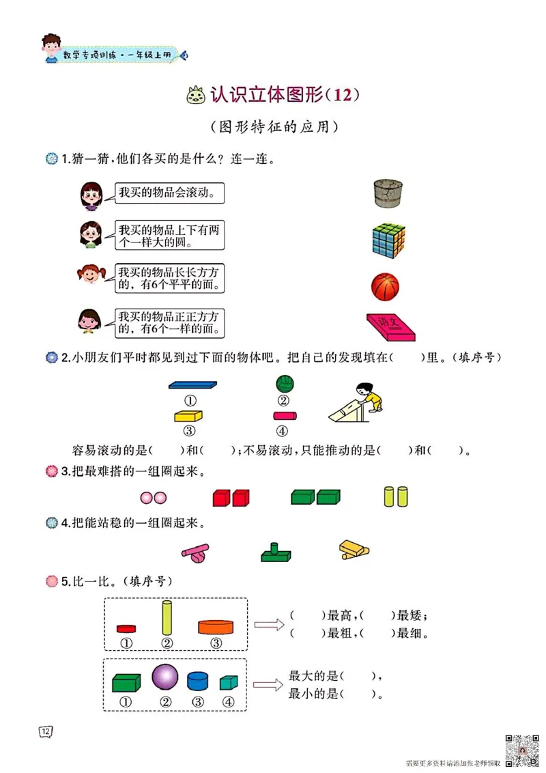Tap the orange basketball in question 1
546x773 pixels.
(x=385, y=285)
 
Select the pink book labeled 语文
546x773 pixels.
(x=391, y=327)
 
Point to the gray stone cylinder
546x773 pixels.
(x=389, y=194)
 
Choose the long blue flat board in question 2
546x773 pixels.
(x=192, y=384)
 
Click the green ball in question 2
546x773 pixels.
(x=283, y=384)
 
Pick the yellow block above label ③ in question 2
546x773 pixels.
(x=190, y=415)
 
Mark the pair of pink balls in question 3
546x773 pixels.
(x=152, y=498)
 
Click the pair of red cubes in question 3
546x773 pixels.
(x=231, y=497)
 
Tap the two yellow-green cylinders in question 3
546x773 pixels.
(x=396, y=496)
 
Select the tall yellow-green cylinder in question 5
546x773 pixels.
(x=167, y=618)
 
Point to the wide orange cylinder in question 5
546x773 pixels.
(x=216, y=627)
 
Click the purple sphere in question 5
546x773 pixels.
(x=164, y=678)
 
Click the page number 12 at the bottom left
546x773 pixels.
(x=46, y=732)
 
